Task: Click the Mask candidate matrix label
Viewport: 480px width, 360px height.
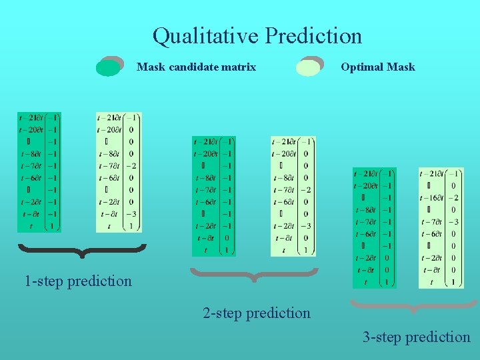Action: [196, 67]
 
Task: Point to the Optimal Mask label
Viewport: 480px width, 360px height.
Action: [377, 67]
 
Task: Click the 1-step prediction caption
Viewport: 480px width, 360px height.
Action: [78, 281]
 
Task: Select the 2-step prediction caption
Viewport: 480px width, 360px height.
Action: [257, 313]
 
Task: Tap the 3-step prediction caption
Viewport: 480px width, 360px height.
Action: [416, 337]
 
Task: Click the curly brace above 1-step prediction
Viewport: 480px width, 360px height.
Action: [81, 250]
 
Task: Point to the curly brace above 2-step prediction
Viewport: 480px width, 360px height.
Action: [255, 273]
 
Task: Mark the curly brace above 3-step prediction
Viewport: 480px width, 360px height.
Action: [414, 307]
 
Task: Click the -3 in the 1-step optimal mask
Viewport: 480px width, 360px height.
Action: [131, 214]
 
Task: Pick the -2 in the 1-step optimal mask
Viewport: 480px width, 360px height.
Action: [131, 166]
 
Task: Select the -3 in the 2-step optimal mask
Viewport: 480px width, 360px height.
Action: [305, 226]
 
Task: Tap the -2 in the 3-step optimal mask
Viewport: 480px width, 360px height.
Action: [453, 198]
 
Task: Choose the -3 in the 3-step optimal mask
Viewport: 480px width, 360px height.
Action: [453, 222]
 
